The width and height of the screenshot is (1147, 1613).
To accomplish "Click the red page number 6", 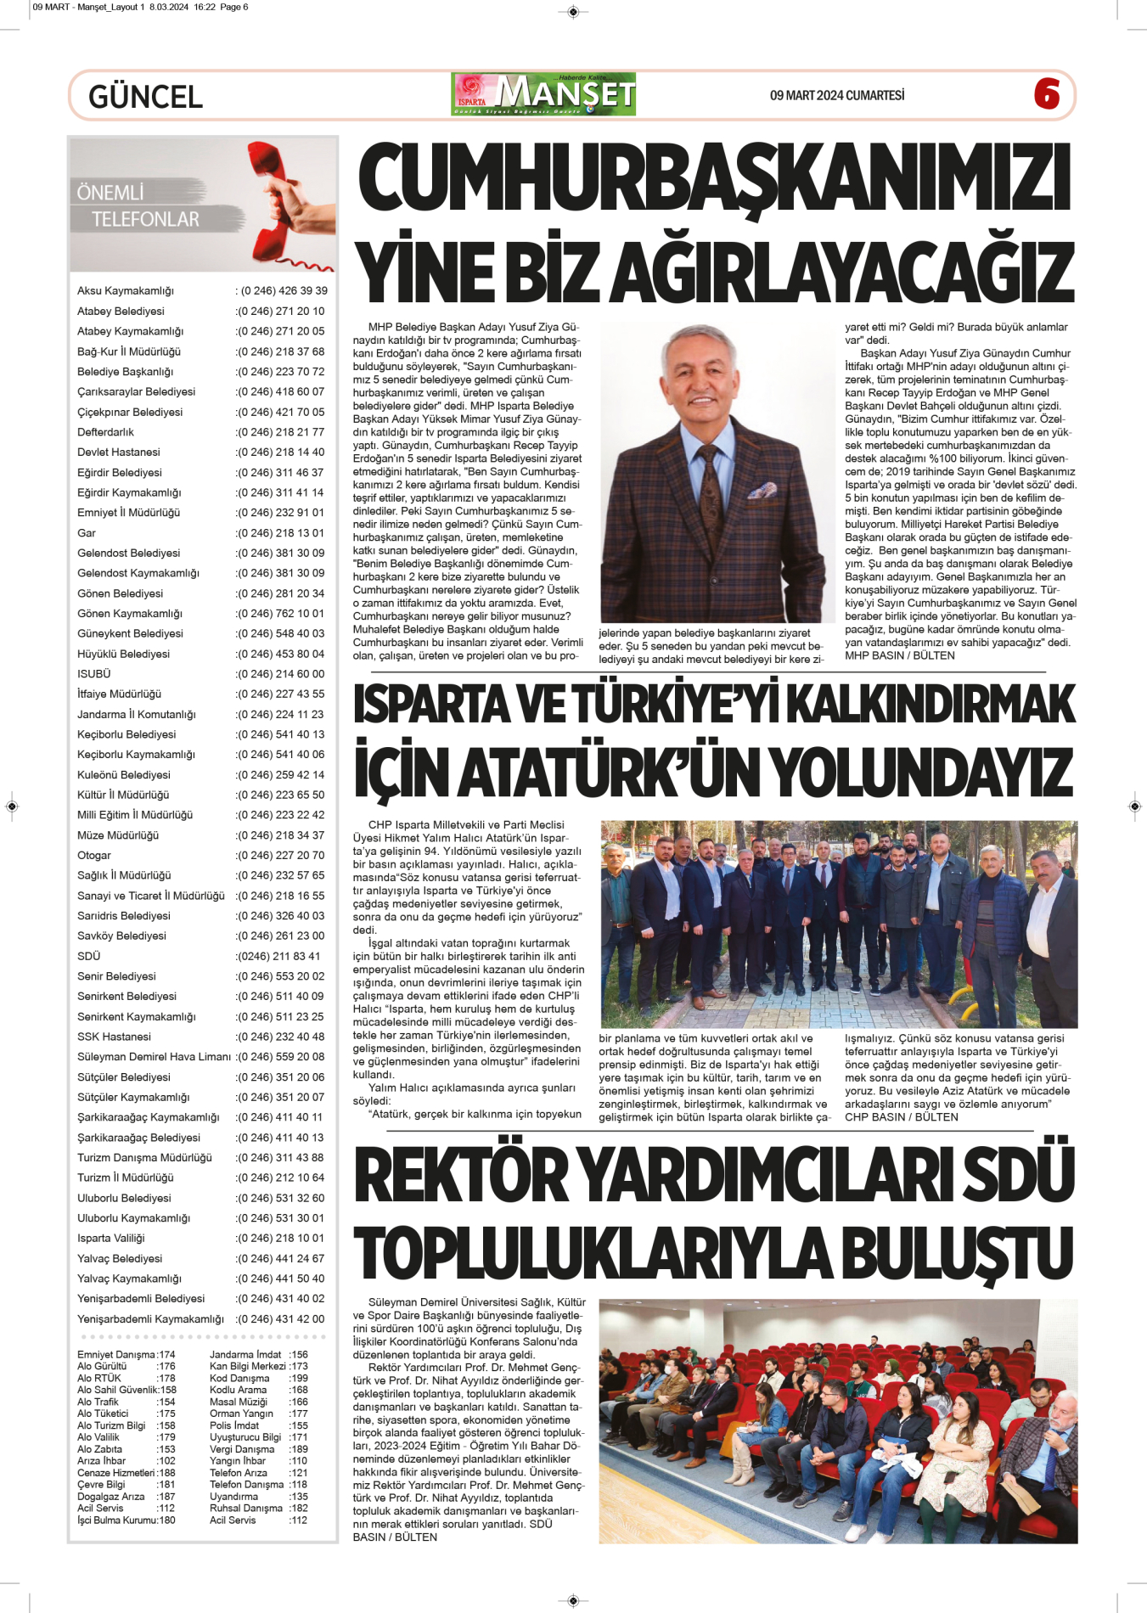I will point(1046,93).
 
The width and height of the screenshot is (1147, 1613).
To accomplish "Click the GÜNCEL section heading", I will point(145,97).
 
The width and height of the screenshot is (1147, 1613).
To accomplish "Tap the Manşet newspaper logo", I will point(543,94).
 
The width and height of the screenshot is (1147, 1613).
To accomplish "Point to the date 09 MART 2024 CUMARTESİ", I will point(836,95).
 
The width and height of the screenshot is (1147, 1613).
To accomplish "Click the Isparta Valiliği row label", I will point(111,1238).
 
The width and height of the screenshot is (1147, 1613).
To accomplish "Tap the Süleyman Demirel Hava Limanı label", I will point(154,1057).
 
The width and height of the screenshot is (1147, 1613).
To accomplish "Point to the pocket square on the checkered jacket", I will point(763,491).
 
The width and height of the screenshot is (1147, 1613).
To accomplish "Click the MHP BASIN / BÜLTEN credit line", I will point(899,655).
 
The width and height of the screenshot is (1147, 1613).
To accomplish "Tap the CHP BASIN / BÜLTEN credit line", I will point(901,1117).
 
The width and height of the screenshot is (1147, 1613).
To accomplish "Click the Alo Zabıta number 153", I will point(166,1449).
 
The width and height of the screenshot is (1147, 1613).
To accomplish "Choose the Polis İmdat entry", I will point(234,1425).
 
